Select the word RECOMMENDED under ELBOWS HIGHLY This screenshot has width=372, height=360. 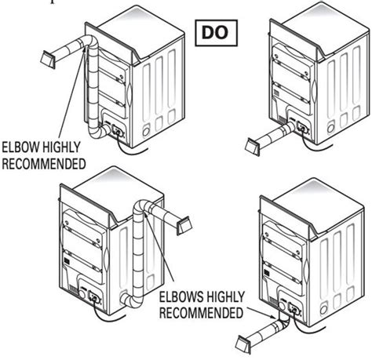(x=202, y=313)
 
